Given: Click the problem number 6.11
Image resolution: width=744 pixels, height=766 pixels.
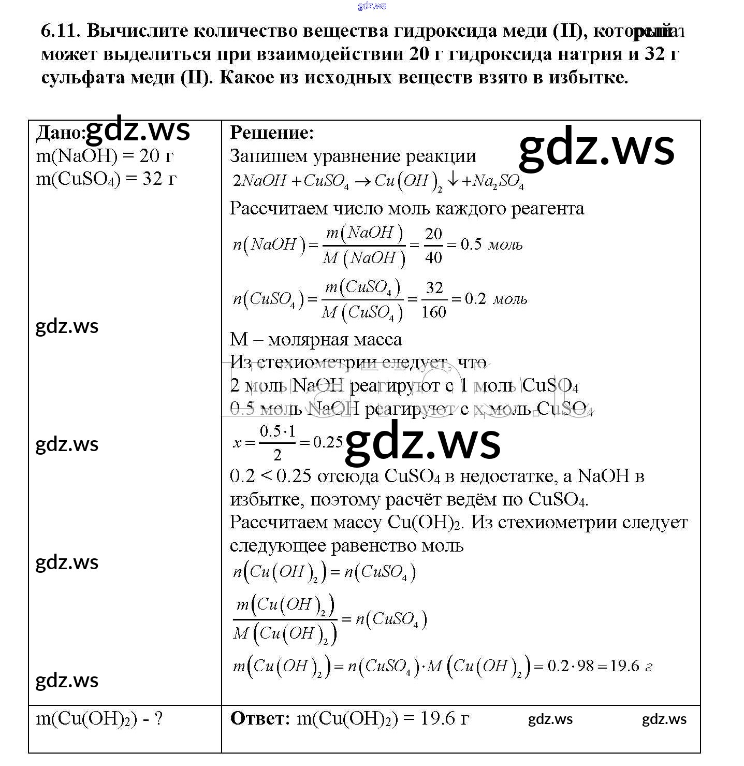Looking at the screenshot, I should click(60, 31).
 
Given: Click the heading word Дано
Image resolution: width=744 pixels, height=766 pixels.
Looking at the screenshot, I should click(59, 133).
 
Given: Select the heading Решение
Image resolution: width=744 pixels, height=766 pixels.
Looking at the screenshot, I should click(272, 133).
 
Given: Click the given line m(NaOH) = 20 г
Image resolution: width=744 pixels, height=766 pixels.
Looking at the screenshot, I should click(104, 156).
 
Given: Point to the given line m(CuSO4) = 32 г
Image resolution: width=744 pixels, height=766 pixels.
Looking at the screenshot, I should click(106, 179).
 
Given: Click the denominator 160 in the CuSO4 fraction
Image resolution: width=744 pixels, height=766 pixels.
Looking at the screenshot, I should click(434, 312).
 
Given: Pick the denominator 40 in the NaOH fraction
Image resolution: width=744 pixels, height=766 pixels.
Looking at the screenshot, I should click(433, 257).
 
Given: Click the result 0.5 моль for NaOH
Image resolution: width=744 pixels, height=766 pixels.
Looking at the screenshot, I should click(491, 244).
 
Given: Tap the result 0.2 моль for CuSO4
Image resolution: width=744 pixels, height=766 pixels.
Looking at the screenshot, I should click(495, 299).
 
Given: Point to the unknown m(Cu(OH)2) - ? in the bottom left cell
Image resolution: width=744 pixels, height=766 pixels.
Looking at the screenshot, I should click(99, 718).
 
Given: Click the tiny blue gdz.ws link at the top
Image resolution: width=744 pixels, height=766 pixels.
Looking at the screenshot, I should click(372, 6).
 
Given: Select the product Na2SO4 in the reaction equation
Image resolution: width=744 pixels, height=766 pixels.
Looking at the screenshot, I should click(498, 181).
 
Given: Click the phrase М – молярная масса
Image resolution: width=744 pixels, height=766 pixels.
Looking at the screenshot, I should click(315, 340).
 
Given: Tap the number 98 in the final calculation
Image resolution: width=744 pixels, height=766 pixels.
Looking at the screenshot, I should click(585, 666).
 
